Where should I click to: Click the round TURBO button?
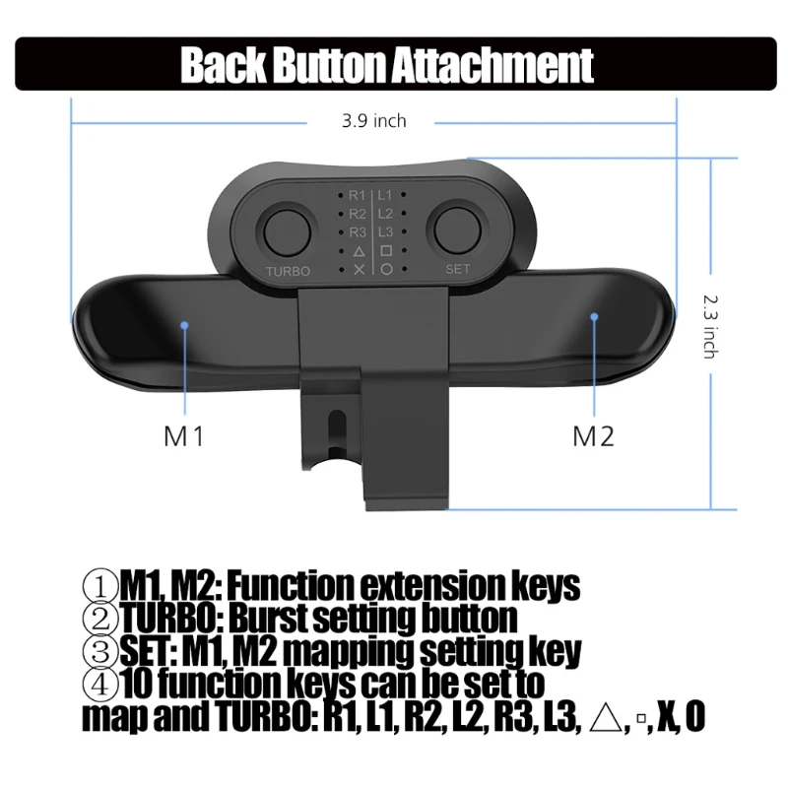coord(287,233)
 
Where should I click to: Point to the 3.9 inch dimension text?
coord(373,121)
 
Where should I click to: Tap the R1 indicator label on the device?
coord(358,195)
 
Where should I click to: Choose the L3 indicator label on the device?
coord(387,231)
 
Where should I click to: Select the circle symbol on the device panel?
coord(387,269)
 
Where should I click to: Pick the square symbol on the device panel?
coord(387,250)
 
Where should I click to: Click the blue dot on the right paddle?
coord(594,316)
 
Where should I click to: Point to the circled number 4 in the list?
coord(98,683)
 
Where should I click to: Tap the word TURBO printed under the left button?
coord(288,270)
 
